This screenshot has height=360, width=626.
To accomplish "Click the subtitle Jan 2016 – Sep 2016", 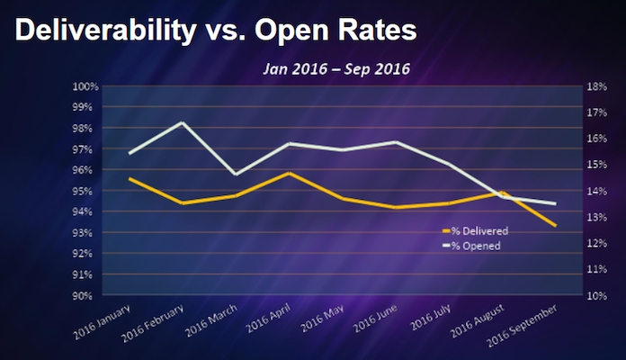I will pos(335,68).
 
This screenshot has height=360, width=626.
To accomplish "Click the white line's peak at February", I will pos(183,122).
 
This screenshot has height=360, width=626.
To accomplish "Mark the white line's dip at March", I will pos(236,174).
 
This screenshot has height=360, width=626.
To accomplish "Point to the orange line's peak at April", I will pos(288,173).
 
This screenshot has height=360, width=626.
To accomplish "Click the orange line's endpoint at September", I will pos(554,225).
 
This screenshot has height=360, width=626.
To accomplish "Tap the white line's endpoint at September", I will pos(554,203).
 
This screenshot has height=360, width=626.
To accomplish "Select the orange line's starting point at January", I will pos(130,178).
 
